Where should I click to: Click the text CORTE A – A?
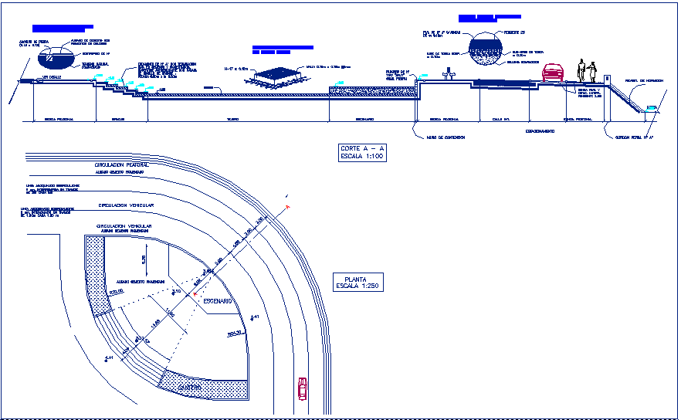click(362, 148)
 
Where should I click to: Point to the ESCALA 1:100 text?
click(362, 156)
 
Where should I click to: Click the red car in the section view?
click(554, 73)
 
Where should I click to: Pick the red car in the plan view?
click(303, 388)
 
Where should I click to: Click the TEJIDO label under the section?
click(232, 120)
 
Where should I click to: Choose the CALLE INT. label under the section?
click(492, 120)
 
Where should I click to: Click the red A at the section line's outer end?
click(287, 208)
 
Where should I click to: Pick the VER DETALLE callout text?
click(53, 78)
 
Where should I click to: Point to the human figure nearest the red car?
click(583, 71)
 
